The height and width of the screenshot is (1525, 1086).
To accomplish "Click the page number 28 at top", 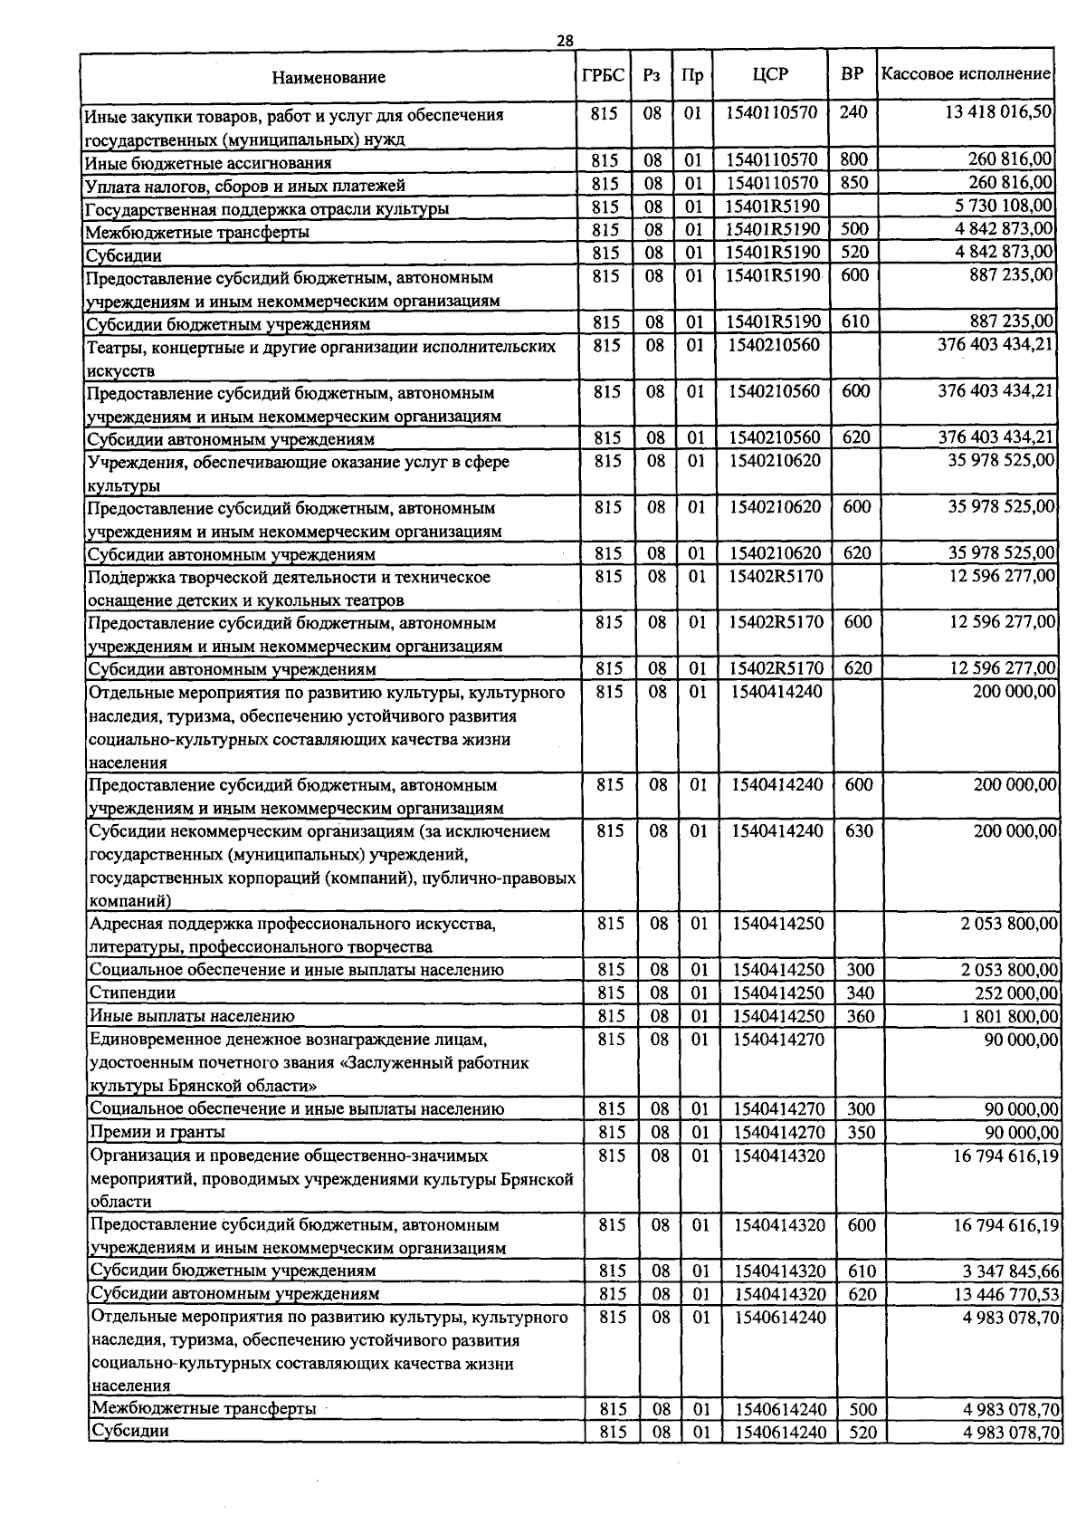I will point(565,41).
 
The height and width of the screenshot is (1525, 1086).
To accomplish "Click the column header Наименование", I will point(329,77).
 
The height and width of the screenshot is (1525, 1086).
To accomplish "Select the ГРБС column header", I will point(603,75).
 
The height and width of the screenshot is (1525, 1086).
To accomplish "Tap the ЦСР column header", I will point(770,75).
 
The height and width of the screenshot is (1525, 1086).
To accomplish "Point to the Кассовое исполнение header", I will point(966,74).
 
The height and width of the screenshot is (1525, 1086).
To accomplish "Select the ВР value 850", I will point(853,183).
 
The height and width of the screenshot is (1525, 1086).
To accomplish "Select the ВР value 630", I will point(858,830).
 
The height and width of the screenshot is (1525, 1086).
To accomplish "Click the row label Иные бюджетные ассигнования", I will point(208,163).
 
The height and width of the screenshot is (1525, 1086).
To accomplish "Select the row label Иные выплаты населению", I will point(192,1016).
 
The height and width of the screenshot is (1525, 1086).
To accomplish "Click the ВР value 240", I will point(853,112).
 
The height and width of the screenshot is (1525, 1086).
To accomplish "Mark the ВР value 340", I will point(860,993).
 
